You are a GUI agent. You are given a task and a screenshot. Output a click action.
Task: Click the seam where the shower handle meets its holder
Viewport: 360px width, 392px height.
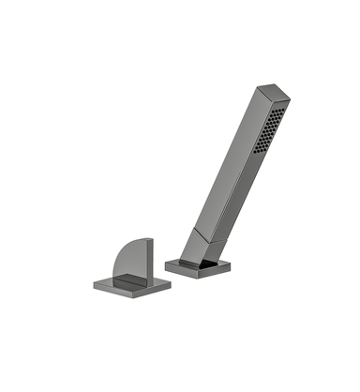click(204, 229)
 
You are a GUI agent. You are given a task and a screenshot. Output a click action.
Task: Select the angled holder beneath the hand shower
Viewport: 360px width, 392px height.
click(198, 246)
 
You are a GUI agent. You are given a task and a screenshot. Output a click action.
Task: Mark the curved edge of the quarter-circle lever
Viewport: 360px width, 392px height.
click(116, 251)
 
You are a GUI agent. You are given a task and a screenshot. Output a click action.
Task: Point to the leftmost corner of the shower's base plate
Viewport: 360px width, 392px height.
click(167, 265)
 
